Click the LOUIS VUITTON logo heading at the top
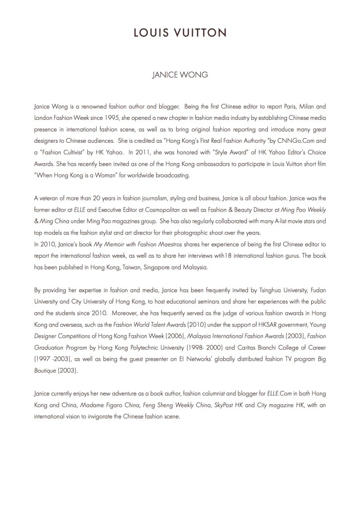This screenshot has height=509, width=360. tap(180, 33)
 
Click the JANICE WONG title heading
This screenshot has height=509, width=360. tap(180, 77)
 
